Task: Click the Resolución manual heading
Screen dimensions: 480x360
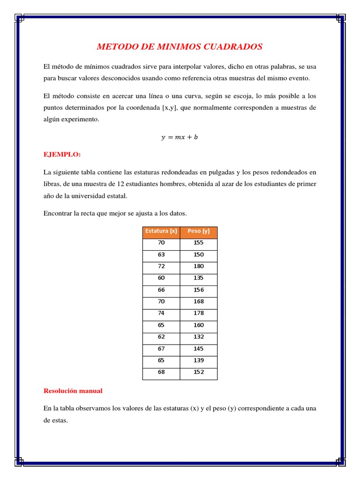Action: (x=73, y=390)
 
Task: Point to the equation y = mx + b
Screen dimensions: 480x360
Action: (x=180, y=137)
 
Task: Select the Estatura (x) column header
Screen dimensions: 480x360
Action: (x=161, y=231)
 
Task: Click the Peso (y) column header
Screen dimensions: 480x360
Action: (x=198, y=231)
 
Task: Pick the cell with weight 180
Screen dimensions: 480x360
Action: (x=198, y=266)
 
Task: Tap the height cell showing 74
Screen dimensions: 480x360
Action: (x=161, y=313)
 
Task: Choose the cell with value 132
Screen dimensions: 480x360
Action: (x=198, y=337)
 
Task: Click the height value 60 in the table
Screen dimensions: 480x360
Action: (x=161, y=278)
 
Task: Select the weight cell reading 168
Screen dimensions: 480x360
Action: (x=198, y=301)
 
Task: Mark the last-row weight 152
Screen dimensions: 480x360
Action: (x=198, y=372)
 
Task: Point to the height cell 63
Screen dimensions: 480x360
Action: (x=161, y=255)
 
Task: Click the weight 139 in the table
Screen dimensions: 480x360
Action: (x=198, y=360)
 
